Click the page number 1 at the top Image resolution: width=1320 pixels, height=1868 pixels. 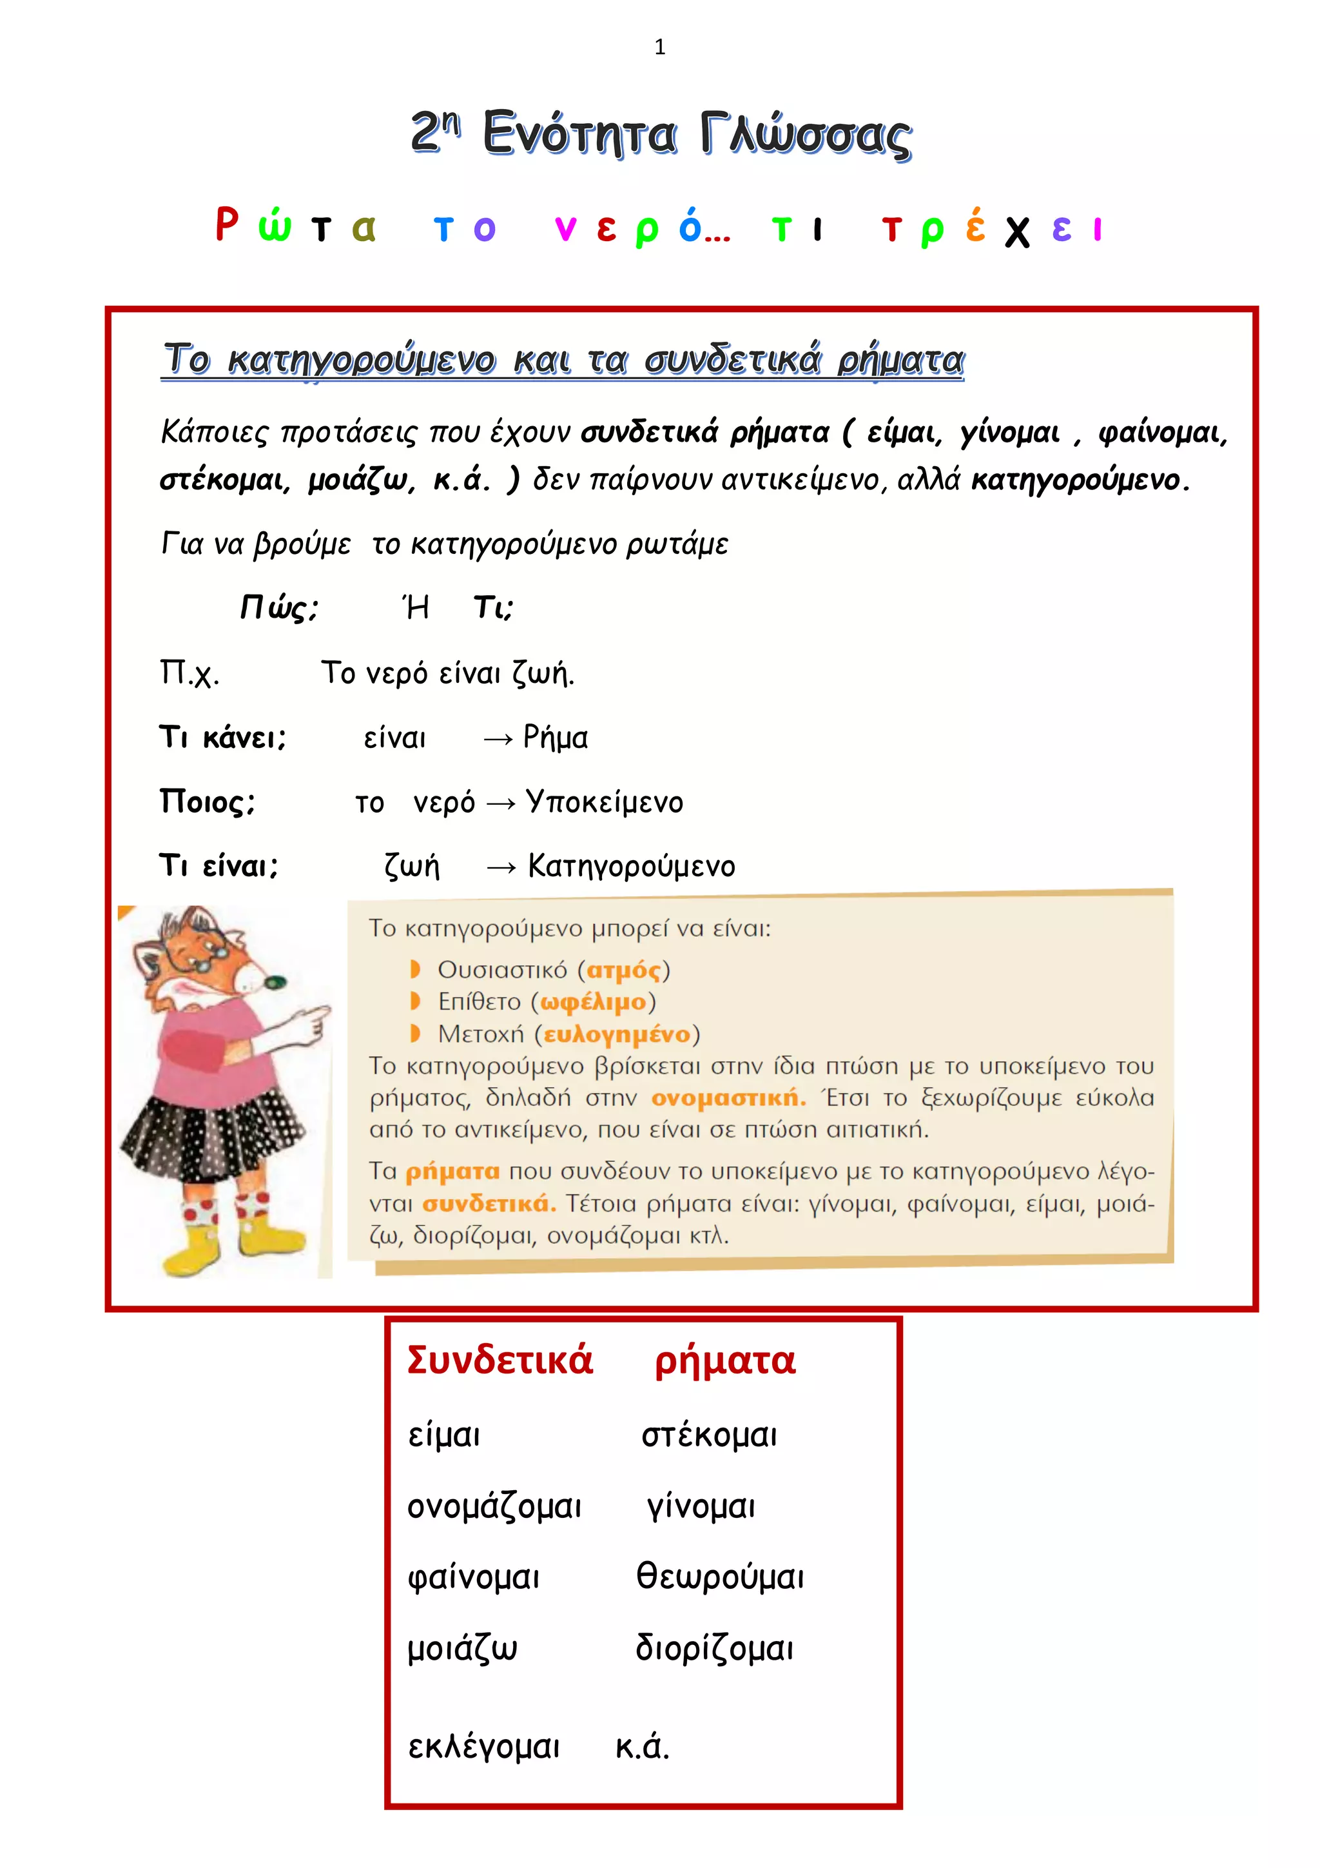click(659, 47)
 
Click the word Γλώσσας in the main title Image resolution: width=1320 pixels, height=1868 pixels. click(806, 135)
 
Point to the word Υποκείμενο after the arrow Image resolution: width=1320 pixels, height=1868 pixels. click(605, 802)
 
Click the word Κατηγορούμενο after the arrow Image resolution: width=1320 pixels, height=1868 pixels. click(631, 867)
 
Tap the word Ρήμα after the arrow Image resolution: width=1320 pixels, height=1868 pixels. click(556, 738)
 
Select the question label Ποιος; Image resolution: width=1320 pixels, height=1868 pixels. click(208, 802)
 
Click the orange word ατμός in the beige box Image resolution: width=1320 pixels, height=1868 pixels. click(624, 970)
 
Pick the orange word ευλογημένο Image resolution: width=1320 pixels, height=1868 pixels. click(617, 1034)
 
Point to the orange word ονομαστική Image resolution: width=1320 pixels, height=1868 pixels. click(728, 1098)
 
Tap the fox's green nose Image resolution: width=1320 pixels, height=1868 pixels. click(278, 982)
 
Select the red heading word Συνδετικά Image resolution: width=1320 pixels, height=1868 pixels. click(500, 1361)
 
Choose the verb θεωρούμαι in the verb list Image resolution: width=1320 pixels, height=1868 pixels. click(720, 1576)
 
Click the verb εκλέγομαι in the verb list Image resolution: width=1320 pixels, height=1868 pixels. click(484, 1746)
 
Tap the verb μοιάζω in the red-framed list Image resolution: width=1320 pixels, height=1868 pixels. click(462, 1647)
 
